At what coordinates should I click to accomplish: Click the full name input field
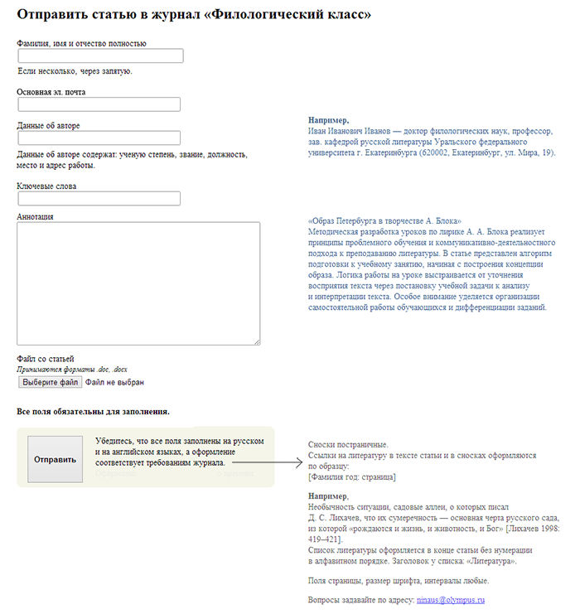point(100,56)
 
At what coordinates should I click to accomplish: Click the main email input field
point(99,104)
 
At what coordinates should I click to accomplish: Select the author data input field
point(99,138)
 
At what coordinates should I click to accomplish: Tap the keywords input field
point(99,199)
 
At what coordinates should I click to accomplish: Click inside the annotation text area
point(138,283)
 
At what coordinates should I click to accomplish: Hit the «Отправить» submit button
point(55,459)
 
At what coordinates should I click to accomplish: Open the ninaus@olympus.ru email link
point(450,599)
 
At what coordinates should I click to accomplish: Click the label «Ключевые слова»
point(46,186)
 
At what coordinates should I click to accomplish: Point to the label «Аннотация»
point(36,216)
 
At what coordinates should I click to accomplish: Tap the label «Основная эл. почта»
point(51,92)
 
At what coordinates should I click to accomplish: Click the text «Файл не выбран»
point(114,383)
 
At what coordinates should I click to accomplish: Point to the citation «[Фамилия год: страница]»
point(351,476)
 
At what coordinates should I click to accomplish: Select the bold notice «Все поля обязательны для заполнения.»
point(94,411)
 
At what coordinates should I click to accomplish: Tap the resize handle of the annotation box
point(257,341)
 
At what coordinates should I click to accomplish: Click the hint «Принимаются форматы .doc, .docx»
point(72,369)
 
